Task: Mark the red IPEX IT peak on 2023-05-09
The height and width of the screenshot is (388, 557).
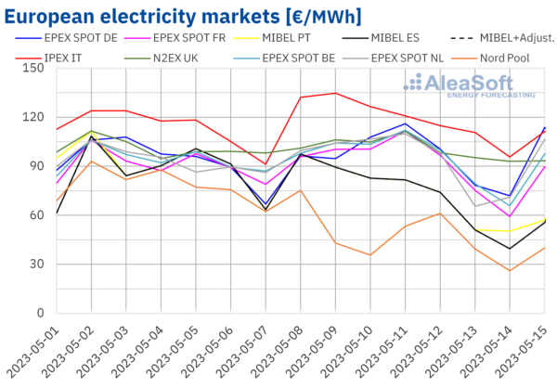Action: point(334,93)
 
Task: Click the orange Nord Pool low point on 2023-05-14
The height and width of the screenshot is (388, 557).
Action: point(510,270)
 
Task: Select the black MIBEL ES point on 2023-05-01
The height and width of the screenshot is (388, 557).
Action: point(57,213)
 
